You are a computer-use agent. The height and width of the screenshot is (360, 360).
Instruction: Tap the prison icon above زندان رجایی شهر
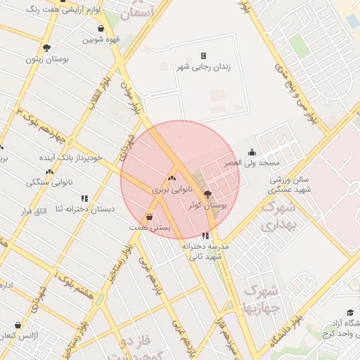pos(203,56)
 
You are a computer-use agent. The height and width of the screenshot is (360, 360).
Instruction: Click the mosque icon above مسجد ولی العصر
pos(252,152)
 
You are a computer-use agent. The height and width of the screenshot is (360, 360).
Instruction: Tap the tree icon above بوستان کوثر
pos(207,194)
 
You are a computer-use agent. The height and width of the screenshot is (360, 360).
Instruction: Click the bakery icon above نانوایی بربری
pos(172,179)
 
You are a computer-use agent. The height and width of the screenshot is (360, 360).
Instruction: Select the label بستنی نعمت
pos(148,228)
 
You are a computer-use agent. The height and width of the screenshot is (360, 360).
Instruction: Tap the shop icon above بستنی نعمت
pos(148,217)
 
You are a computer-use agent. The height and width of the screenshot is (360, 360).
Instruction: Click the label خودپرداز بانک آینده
pos(70,157)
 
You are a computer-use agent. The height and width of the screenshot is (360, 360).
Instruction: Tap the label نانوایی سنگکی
pos(46,182)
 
